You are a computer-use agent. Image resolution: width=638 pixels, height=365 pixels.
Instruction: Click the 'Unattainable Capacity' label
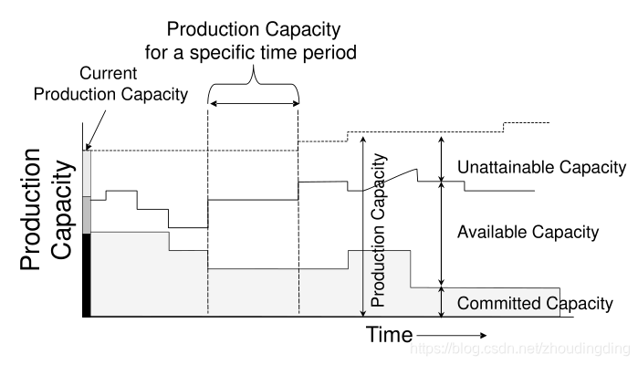tap(541, 167)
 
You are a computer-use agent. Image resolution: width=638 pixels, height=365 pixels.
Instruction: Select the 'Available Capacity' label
tap(528, 232)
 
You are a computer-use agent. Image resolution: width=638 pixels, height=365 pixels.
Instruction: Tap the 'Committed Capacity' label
tap(535, 304)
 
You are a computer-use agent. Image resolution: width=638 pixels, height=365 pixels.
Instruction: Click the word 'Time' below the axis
tap(389, 335)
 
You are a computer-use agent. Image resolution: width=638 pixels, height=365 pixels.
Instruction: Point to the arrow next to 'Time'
tap(452, 335)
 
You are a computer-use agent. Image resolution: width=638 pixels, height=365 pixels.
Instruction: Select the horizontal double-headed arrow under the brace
tap(255, 104)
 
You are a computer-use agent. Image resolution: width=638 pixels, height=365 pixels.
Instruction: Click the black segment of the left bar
tap(87, 275)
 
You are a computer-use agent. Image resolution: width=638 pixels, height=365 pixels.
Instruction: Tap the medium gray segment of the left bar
tap(87, 215)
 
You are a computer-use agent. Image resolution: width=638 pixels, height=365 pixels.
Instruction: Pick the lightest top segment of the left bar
tap(87, 173)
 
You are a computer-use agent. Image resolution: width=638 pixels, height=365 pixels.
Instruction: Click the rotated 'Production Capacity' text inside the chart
tap(378, 230)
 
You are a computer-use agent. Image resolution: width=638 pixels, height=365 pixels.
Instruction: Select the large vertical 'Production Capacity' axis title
tap(47, 209)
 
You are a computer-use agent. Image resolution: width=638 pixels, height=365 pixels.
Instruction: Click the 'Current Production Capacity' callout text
tap(110, 84)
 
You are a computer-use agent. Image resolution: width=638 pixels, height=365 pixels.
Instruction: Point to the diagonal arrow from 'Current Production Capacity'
tap(96, 130)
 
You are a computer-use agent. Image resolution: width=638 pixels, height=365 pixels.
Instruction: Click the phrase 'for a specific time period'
tap(251, 53)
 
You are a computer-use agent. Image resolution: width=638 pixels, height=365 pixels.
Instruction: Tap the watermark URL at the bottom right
tap(520, 349)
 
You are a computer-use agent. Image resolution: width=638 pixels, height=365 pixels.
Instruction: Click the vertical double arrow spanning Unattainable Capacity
tap(441, 159)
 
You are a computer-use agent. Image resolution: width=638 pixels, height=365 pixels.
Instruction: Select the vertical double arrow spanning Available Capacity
tap(441, 234)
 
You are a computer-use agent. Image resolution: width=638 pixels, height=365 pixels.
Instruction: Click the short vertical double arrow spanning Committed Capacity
tap(441, 301)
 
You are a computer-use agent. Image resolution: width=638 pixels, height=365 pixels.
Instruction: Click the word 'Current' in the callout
tap(108, 73)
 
